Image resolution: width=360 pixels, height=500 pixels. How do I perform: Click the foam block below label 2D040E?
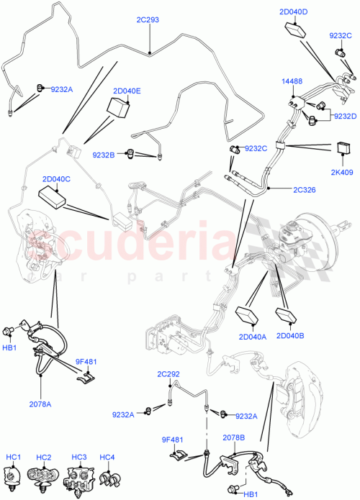click(118, 108)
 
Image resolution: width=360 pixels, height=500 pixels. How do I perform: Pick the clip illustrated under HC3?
click(78, 478)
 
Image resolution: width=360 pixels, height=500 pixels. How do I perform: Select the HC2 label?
click(45, 457)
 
